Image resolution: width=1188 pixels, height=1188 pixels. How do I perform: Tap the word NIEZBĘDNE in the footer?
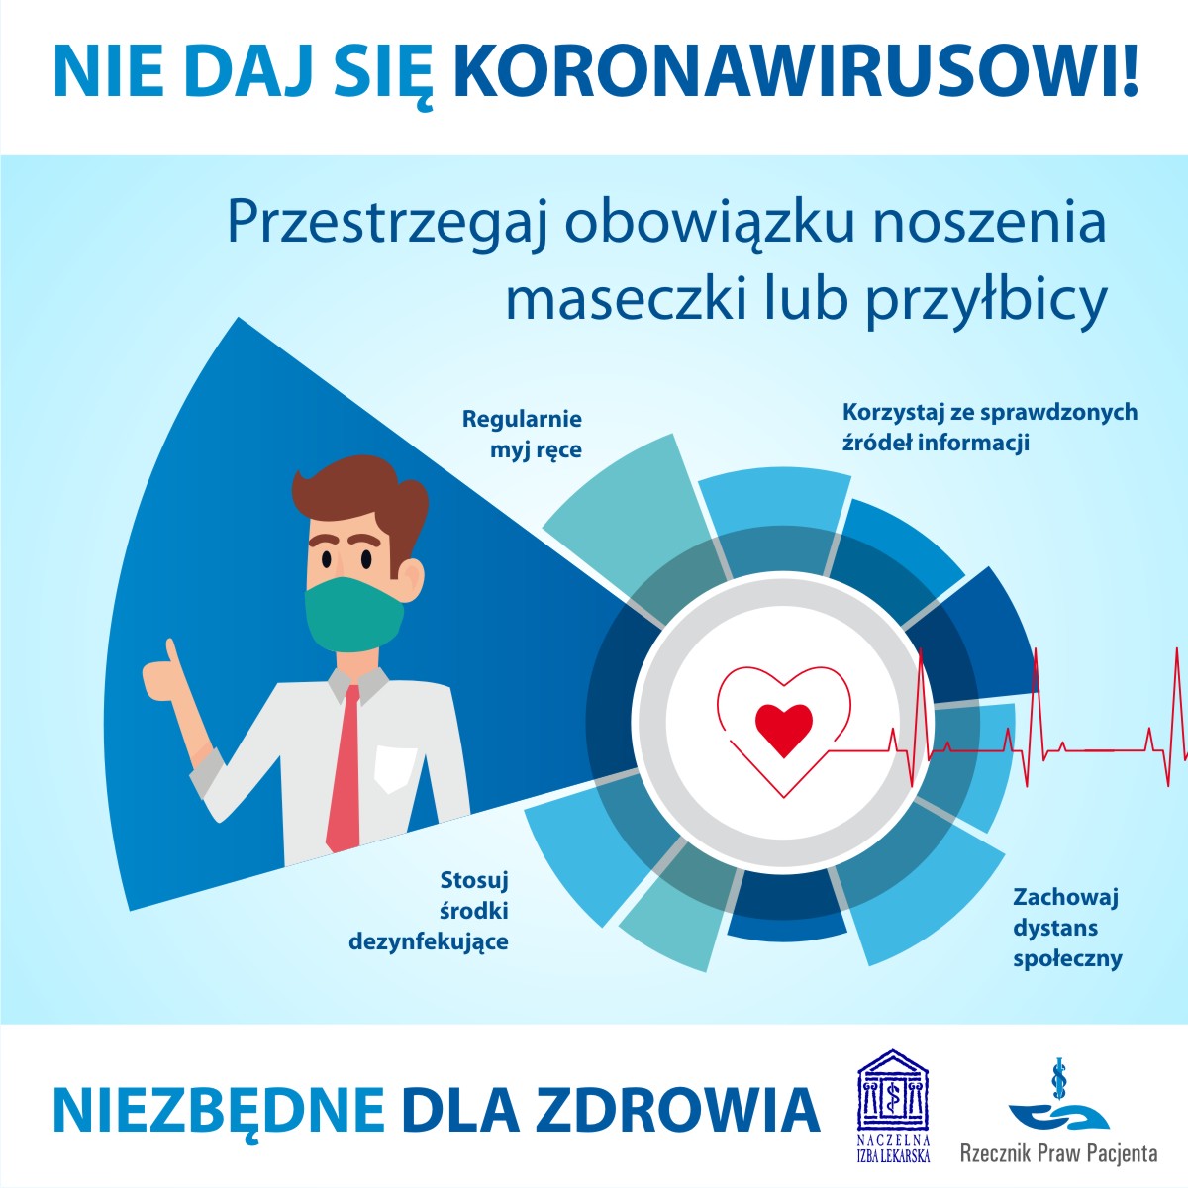pos(218,1110)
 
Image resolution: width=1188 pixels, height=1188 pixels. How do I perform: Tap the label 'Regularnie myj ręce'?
pos(523,435)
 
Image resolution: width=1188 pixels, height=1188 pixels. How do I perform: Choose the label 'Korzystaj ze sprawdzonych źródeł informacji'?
pos(989,427)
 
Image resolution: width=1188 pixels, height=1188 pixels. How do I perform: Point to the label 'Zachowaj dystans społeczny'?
pos(1066,928)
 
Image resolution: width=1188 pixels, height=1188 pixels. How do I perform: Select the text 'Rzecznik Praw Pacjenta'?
pos(1058,1153)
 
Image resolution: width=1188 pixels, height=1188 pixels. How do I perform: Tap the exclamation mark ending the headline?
pos(1130,70)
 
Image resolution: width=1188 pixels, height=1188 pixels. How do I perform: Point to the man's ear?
pos(412,577)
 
